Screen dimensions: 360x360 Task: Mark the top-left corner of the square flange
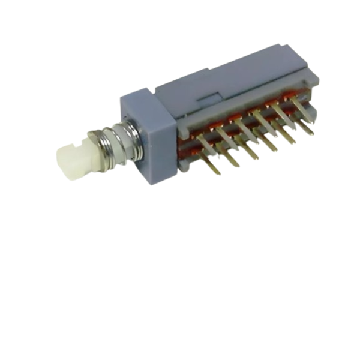122,100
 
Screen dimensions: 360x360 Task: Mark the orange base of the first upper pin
196,136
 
